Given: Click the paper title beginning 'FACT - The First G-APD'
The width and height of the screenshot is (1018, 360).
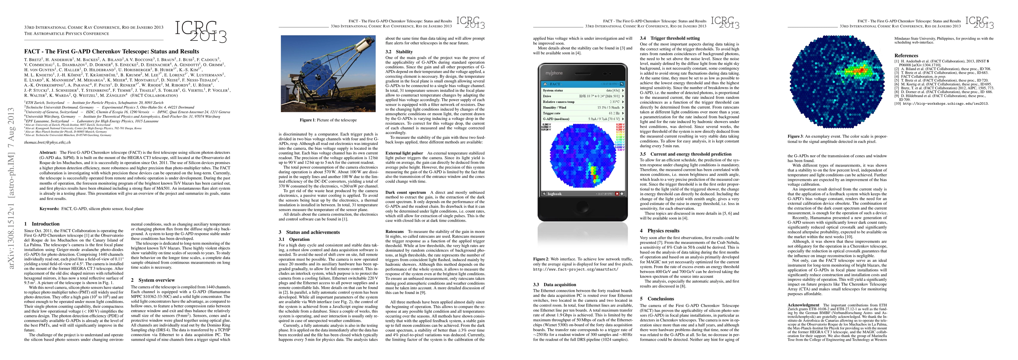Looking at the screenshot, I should (111, 51).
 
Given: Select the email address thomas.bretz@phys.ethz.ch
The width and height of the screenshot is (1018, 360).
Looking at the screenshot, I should (47, 142).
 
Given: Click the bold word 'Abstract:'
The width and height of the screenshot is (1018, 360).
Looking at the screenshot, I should (49, 152).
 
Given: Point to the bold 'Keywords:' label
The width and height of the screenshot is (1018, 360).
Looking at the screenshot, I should (50, 208).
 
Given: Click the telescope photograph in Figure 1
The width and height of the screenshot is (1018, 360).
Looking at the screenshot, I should (328, 73).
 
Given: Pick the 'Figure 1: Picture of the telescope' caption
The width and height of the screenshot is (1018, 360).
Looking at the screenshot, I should (328, 120).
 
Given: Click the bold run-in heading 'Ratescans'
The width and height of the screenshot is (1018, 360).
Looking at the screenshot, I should (394, 232).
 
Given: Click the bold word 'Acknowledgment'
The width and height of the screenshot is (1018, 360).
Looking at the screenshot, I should (803, 305).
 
